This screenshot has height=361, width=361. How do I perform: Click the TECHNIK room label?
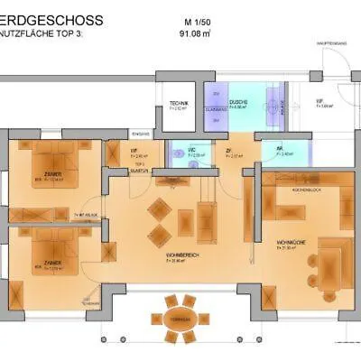point(180,103)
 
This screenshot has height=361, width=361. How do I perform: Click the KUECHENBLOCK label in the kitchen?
point(301,191)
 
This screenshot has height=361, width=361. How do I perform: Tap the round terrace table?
point(180,315)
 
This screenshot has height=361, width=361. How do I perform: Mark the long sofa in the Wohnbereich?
point(207,217)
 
